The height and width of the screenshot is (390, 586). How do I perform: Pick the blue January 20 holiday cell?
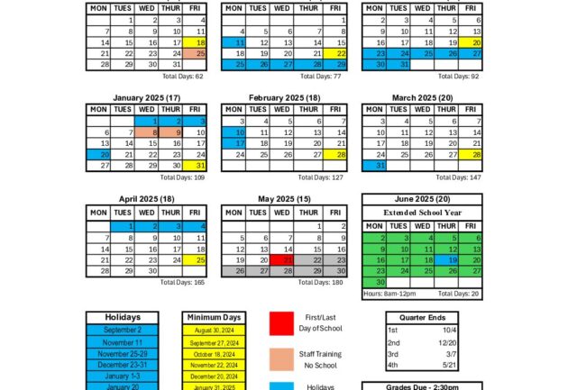(99, 154)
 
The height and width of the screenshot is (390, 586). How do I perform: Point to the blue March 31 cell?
(374, 166)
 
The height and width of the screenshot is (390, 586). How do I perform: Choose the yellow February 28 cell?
(334, 154)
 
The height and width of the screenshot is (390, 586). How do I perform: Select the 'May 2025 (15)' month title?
(285, 199)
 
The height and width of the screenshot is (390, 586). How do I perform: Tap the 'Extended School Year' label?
(422, 212)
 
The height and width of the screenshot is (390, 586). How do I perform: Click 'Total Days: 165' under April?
(183, 282)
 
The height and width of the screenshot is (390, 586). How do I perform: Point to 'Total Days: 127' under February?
(321, 177)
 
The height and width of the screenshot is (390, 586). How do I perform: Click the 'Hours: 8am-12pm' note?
(390, 294)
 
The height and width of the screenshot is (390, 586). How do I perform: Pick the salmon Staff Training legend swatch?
(282, 359)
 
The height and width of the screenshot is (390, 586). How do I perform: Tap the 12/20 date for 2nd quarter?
(448, 342)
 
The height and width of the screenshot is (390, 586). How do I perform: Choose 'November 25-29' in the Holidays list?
(123, 353)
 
